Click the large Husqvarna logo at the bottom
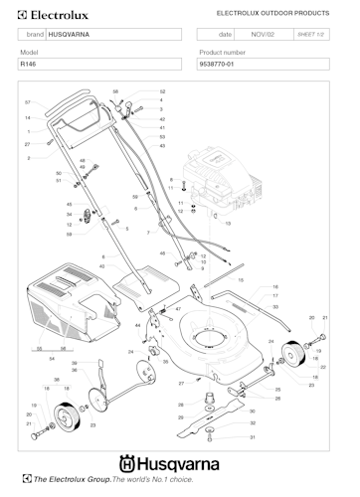click(179, 461)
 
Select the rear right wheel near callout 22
click(293, 354)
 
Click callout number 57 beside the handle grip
click(28, 102)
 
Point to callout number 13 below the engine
click(227, 224)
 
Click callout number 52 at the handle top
click(162, 91)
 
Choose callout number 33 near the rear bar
click(275, 307)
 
